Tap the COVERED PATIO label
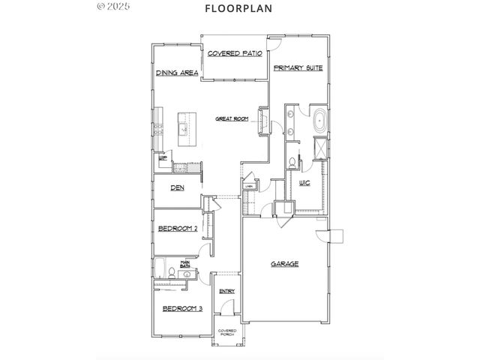coord(234,54)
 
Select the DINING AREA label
coord(177,73)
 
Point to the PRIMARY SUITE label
coord(298,67)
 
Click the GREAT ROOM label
coord(232,118)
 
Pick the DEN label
coord(178,187)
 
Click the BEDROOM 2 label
coord(178,229)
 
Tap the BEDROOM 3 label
coord(183,308)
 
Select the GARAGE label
coord(285,264)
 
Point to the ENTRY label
coord(226,291)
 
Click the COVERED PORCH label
coord(226,333)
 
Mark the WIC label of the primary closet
coord(304,183)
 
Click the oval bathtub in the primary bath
coord(319,120)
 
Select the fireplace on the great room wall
coord(263,122)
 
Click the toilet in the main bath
coord(172,274)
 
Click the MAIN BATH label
coord(184,265)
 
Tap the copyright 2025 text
coord(114,7)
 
